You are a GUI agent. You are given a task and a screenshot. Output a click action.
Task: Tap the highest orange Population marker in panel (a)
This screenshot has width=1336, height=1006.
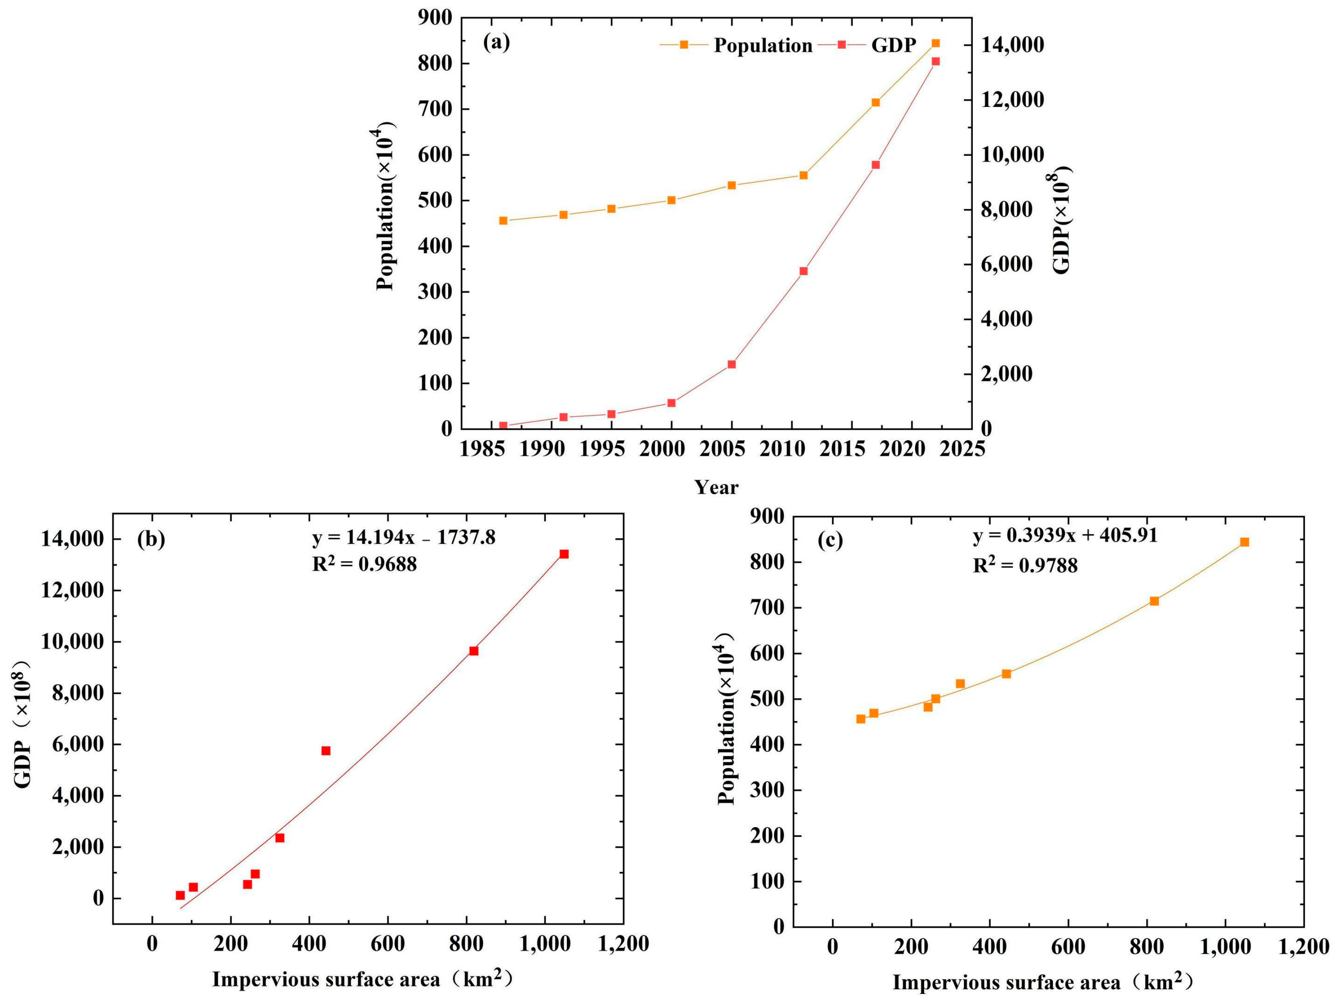tap(935, 43)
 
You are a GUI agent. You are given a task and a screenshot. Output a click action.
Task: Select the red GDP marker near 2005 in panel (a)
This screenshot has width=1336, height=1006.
tap(731, 365)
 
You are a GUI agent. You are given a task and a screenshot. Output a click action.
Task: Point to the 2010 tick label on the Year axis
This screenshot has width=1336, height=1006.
tap(791, 450)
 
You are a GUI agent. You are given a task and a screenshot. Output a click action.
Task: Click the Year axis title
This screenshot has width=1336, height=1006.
tap(716, 487)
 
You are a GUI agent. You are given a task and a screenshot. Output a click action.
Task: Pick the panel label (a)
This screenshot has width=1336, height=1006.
tap(497, 42)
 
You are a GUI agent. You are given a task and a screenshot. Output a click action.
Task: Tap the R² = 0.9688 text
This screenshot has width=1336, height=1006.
tap(364, 564)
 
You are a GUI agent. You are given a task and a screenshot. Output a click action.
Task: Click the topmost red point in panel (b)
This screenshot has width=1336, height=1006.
tap(564, 554)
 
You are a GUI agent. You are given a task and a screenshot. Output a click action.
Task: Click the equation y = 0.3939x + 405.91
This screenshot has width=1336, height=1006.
tap(1065, 535)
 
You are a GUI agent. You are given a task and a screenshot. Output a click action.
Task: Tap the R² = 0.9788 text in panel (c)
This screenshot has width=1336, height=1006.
tap(1025, 566)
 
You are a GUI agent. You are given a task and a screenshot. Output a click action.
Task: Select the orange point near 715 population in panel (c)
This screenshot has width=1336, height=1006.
tap(1154, 601)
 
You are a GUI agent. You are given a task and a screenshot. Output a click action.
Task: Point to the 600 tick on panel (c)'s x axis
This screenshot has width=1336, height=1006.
tap(1068, 947)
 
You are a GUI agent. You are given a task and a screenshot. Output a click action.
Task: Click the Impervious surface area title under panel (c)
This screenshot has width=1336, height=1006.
tap(1043, 982)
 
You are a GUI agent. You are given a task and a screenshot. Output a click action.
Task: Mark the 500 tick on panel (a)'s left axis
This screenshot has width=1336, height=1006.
tap(435, 201)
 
